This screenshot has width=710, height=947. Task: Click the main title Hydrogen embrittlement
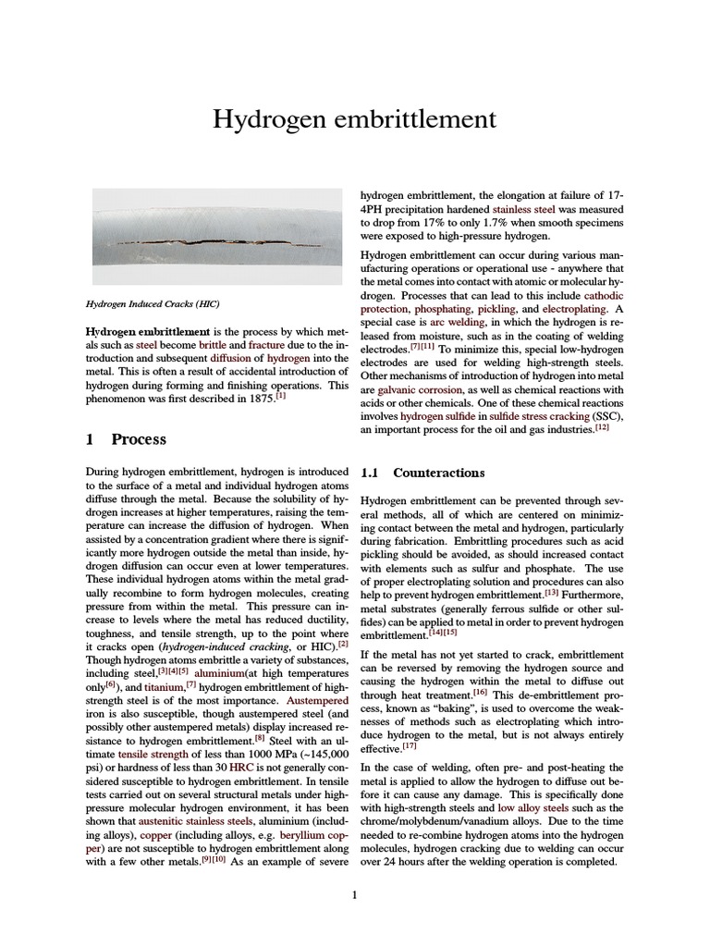[354, 119]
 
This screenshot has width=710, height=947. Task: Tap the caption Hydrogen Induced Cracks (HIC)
[153, 303]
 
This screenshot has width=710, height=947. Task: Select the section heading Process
[139, 439]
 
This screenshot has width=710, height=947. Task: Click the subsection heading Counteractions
[438, 473]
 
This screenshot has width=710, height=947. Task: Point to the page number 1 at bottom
[354, 893]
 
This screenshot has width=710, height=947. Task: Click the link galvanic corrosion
[417, 390]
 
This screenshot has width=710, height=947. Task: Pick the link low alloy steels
[532, 807]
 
